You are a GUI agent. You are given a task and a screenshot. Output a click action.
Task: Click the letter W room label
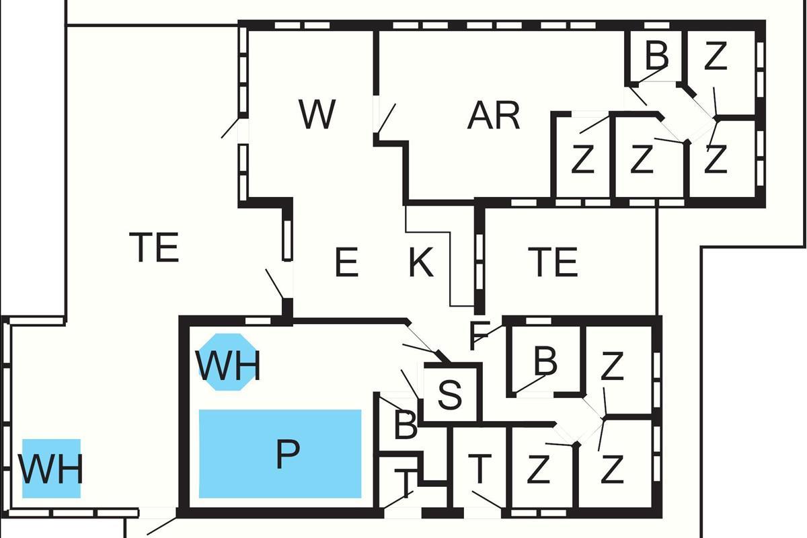(x=317, y=115)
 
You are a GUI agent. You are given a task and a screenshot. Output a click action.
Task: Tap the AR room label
(x=494, y=116)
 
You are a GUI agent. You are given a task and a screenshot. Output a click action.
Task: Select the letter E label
(x=346, y=263)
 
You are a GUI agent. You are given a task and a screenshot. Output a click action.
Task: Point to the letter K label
(x=421, y=263)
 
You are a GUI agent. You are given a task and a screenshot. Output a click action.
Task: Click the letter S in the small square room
(x=450, y=395)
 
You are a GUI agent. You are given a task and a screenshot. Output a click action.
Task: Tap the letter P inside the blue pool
(x=287, y=456)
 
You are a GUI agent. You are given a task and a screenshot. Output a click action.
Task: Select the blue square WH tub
(x=51, y=469)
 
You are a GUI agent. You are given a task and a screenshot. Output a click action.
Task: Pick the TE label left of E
(x=155, y=247)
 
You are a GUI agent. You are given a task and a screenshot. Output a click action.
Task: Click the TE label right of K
(x=553, y=262)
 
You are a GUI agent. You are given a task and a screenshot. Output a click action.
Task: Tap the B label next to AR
(x=656, y=56)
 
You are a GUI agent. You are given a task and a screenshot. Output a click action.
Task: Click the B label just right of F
(x=545, y=362)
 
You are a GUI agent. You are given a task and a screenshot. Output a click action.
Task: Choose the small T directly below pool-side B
(x=404, y=482)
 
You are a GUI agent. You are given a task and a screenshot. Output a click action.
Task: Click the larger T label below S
(x=479, y=469)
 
